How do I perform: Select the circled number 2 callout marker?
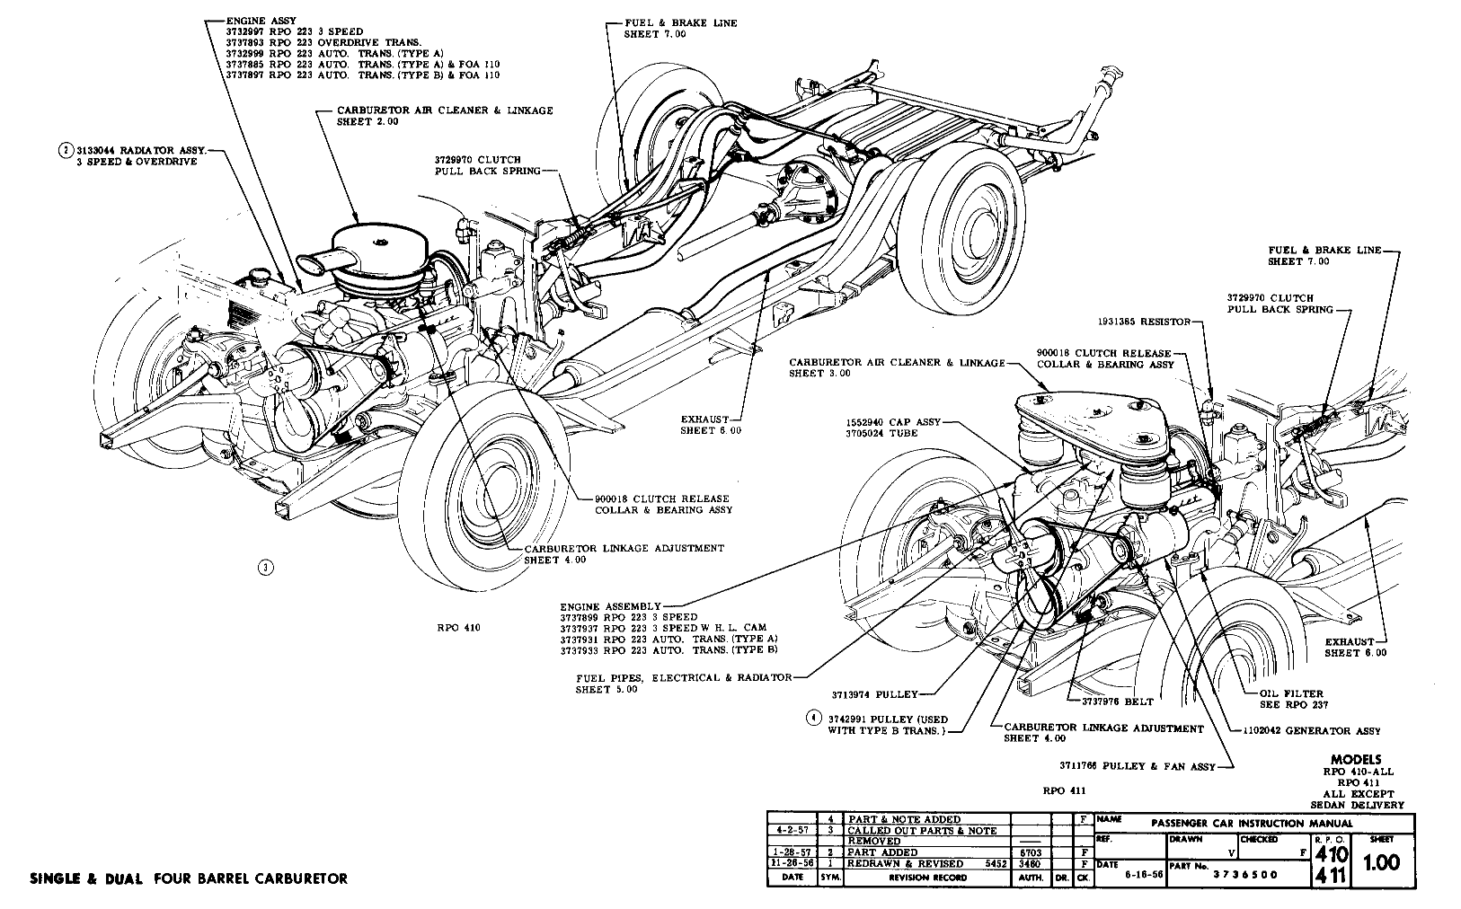(65, 150)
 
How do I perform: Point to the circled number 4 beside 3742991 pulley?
(813, 719)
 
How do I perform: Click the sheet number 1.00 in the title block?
(1381, 862)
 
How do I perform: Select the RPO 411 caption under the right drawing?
(1065, 791)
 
